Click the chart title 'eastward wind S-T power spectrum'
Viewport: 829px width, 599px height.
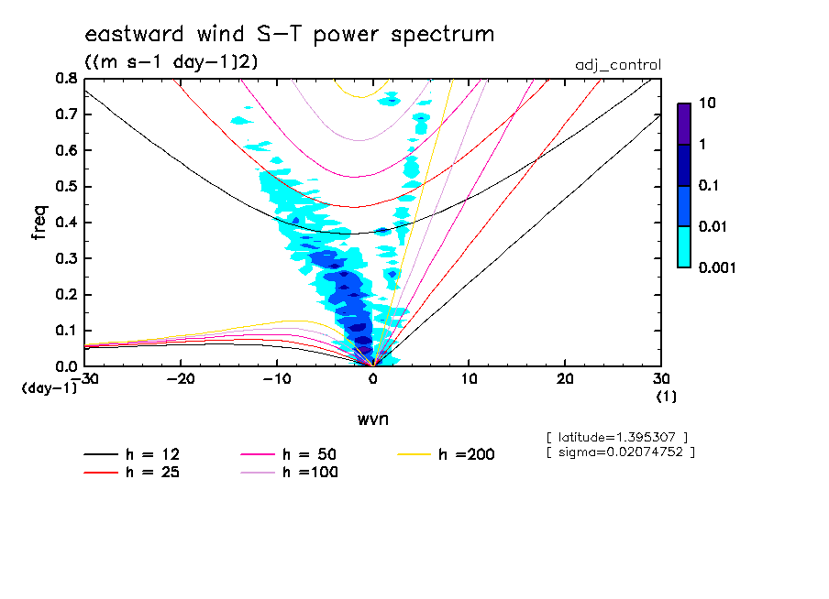(x=289, y=35)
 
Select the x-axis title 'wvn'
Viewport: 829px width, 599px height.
(x=372, y=419)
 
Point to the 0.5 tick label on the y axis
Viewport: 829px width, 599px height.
(x=66, y=187)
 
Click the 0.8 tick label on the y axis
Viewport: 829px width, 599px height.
(x=66, y=79)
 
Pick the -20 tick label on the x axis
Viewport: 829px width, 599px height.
(x=181, y=378)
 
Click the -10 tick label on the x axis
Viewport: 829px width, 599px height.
(x=276, y=378)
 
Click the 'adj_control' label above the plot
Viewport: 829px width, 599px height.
(x=617, y=65)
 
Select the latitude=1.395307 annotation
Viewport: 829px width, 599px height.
(x=616, y=436)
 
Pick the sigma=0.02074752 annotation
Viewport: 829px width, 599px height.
(x=620, y=452)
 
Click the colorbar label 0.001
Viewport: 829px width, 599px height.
(x=718, y=268)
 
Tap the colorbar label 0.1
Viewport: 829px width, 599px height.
(x=710, y=186)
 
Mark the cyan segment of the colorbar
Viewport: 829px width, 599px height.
(x=683, y=246)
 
